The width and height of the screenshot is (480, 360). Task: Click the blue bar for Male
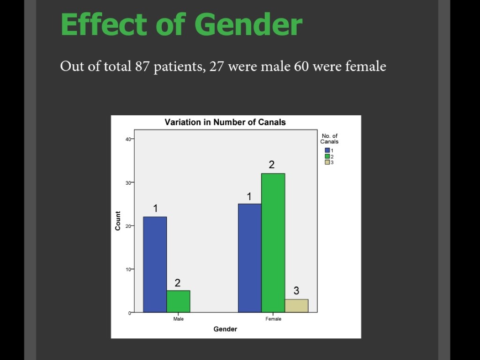pos(155,264)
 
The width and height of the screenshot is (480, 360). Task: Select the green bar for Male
pos(178,301)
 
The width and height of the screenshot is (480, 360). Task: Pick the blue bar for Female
pos(249,258)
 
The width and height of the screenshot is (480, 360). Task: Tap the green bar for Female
pos(273,243)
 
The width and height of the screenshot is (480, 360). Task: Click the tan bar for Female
pos(296,306)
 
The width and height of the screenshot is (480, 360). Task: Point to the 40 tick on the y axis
pos(128,139)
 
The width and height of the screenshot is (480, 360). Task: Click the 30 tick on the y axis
pos(128,182)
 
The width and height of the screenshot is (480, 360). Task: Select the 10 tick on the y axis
pos(128,269)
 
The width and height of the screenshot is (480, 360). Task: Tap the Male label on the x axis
pos(178,319)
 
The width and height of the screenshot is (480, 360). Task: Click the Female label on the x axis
pos(273,319)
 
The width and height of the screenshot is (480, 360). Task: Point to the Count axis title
pos(118,221)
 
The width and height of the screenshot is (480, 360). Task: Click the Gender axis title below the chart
pos(225,329)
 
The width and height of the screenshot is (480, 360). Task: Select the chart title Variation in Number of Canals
pos(225,122)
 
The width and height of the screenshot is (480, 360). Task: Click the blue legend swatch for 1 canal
pos(327,150)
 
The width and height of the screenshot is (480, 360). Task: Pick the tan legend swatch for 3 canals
pos(327,162)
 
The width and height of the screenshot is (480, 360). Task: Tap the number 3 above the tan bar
pos(296,291)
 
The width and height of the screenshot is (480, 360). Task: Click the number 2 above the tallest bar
pos(271,165)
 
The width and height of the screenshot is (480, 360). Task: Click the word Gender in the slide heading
pos(248,25)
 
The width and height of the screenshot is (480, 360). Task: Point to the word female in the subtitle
pos(366,67)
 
